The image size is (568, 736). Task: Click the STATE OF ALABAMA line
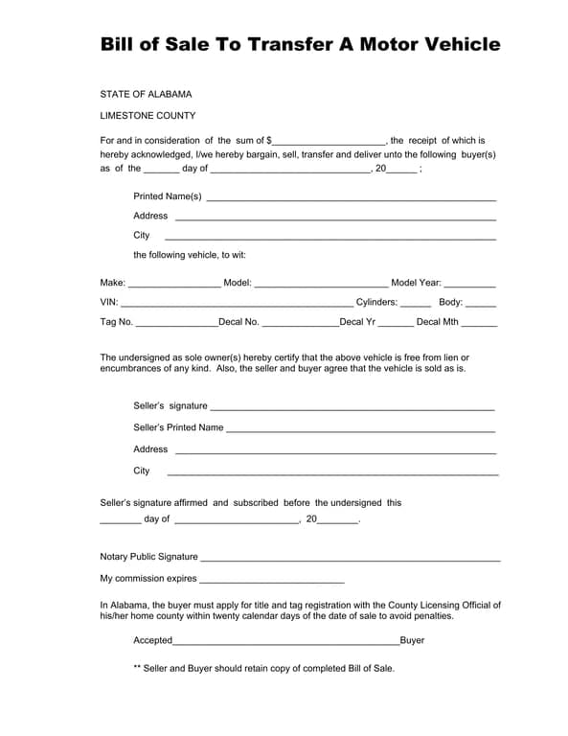point(146,94)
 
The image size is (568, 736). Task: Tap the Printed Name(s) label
point(168,196)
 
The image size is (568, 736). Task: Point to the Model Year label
point(416,283)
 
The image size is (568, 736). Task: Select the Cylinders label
point(376,302)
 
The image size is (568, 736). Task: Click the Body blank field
point(481,304)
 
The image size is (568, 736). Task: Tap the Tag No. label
point(117,322)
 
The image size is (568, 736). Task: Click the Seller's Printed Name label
point(178,427)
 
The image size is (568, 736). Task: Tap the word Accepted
point(152,640)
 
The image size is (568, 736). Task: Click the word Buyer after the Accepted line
point(412,640)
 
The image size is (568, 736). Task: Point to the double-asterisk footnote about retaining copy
point(263,668)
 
